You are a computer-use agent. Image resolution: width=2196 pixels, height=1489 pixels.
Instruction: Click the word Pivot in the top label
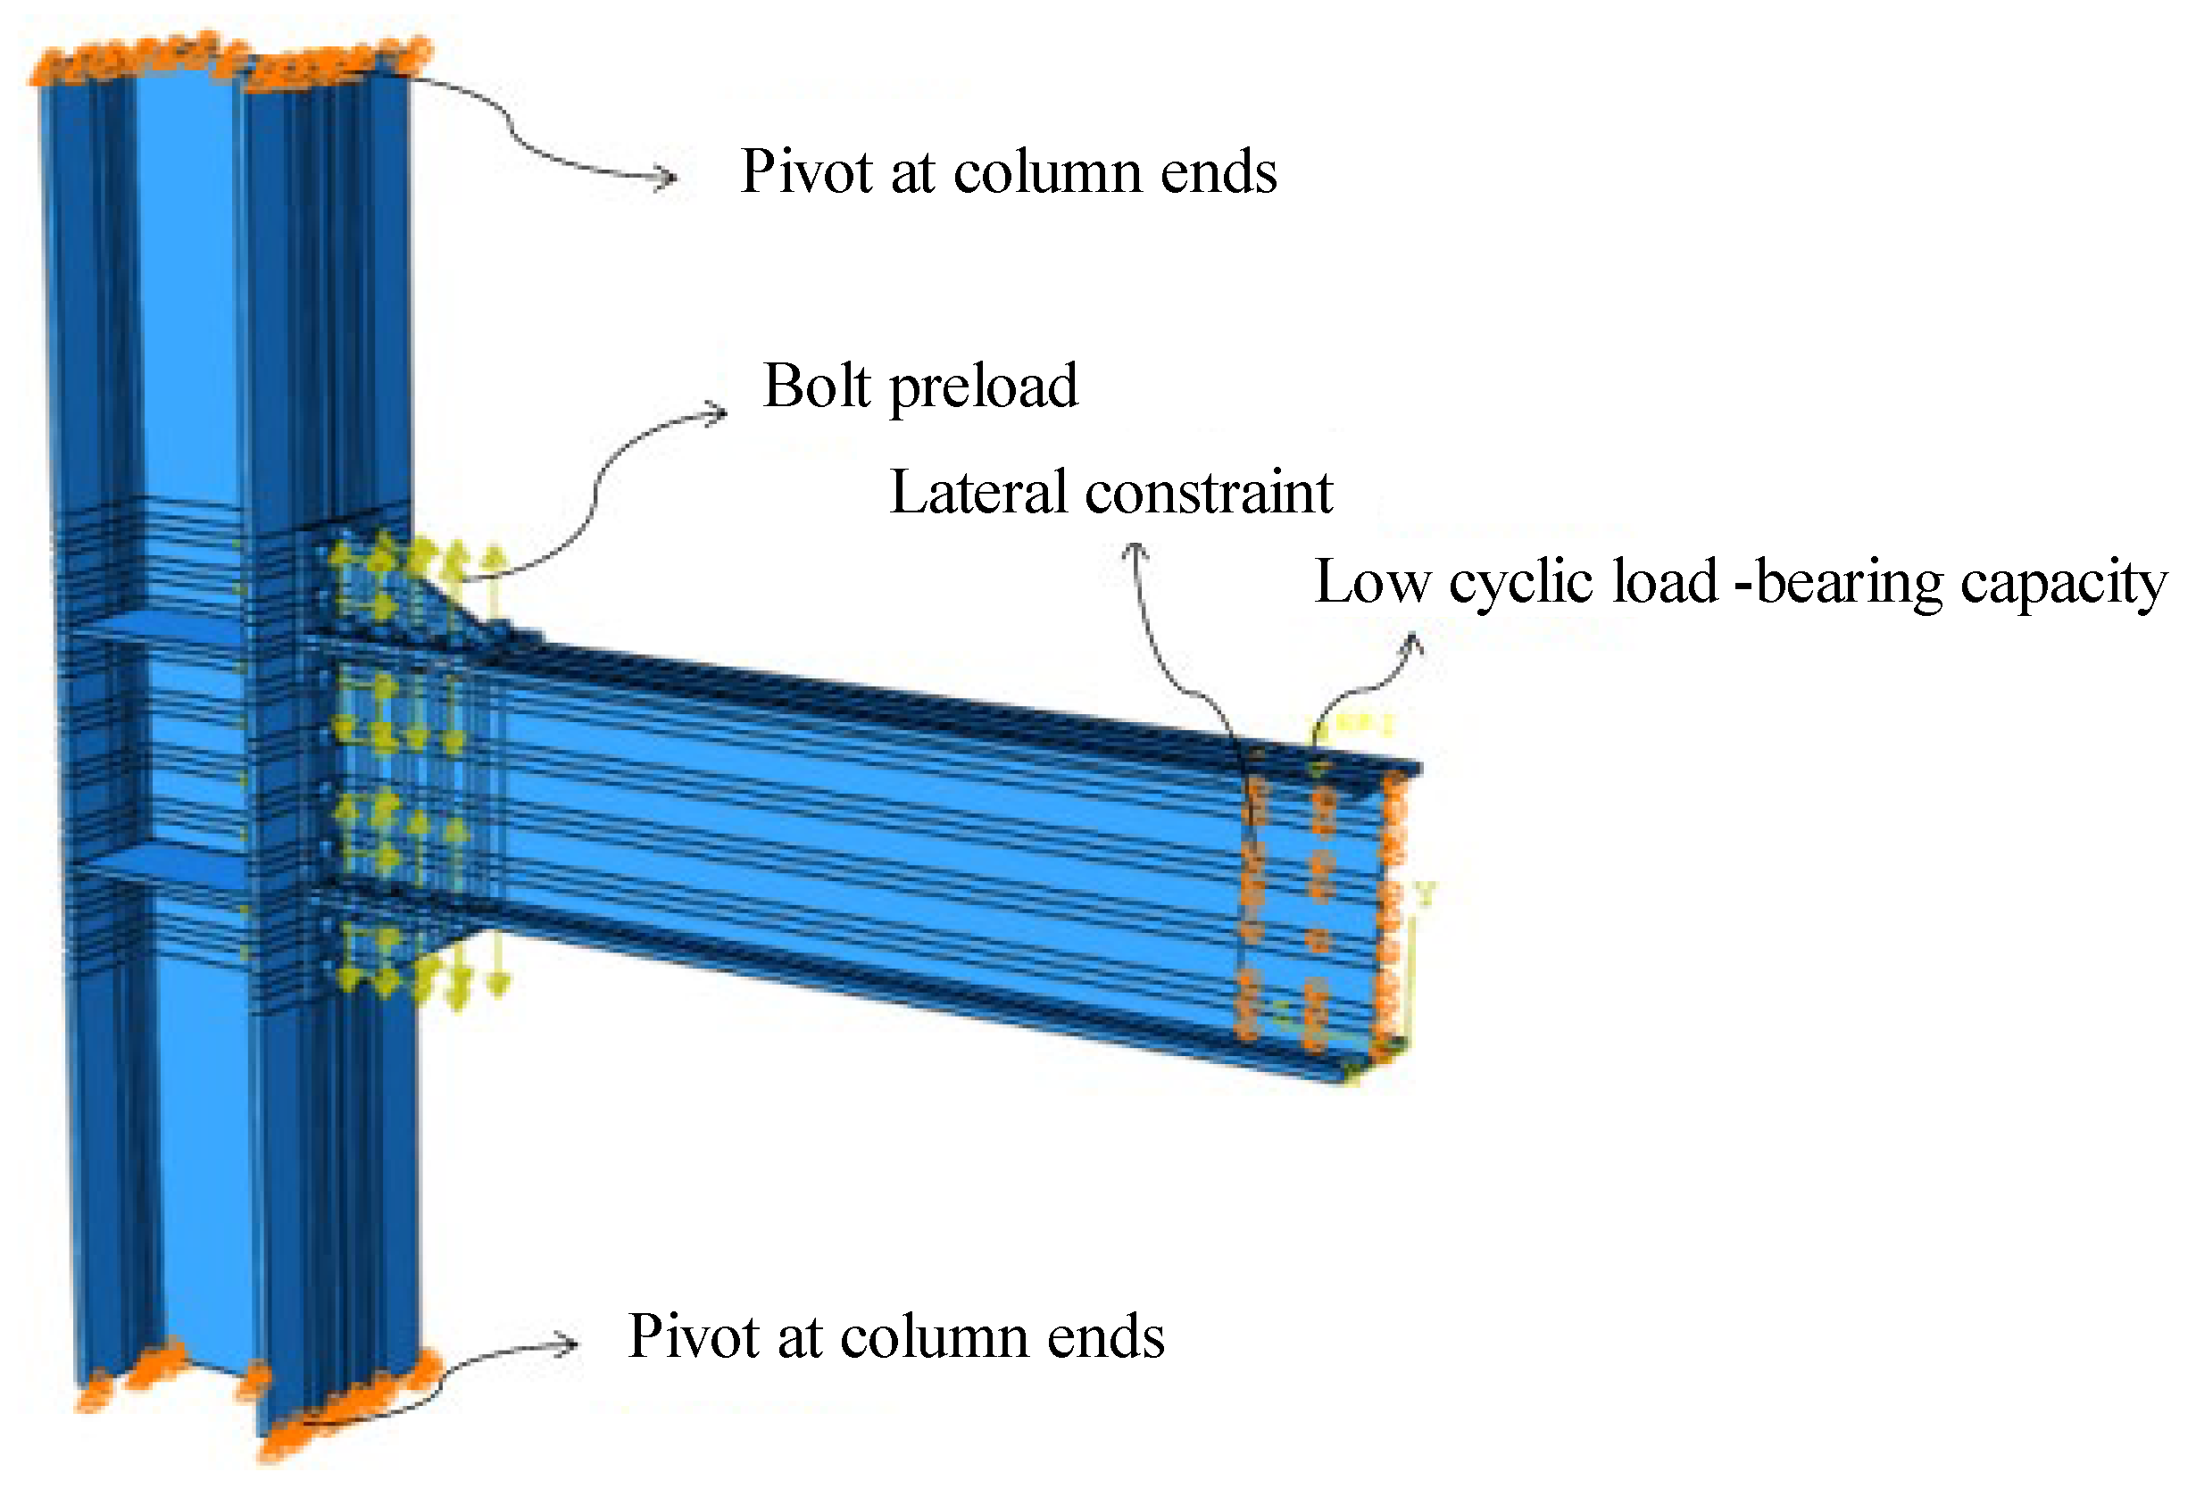(x=805, y=172)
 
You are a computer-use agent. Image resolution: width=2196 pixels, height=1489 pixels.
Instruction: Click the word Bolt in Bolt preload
(x=817, y=386)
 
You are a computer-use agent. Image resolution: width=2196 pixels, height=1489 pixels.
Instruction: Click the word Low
(x=1372, y=582)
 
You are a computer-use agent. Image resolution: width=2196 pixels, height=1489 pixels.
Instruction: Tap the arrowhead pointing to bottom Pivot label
(x=566, y=1343)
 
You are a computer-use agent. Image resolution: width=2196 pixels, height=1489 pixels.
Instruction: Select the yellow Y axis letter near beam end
(x=1423, y=893)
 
